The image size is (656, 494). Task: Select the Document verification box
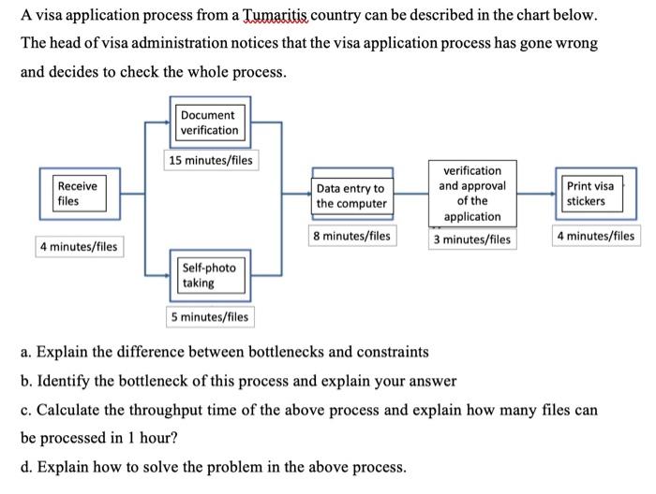[x=210, y=122]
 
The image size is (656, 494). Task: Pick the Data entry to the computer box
[x=351, y=196]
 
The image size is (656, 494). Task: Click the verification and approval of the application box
[x=472, y=194]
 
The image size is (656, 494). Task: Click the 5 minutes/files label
[x=210, y=316]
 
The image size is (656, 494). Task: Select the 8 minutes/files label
[x=352, y=236]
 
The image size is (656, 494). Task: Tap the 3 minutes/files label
[x=472, y=240]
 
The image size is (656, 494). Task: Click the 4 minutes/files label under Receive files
[x=79, y=247]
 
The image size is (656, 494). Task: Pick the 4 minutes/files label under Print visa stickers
[x=595, y=236]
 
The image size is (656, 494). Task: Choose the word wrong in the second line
[x=575, y=44]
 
